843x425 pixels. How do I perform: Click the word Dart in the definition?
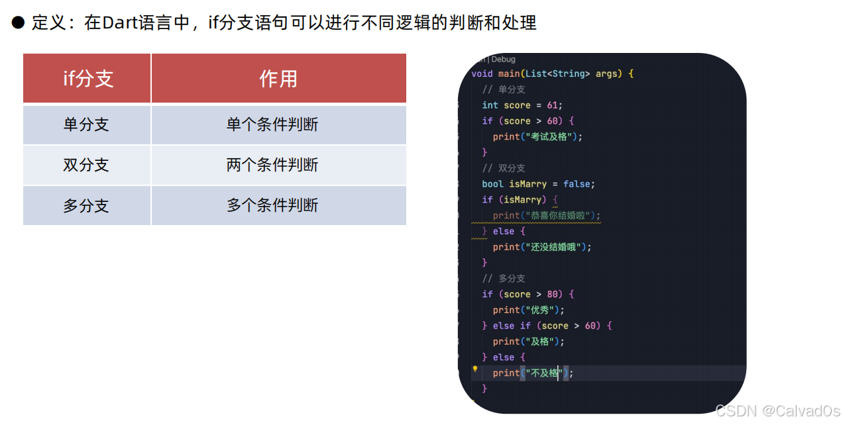(121, 23)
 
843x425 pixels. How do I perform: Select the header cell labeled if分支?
(87, 79)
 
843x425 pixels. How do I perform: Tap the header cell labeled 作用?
(278, 79)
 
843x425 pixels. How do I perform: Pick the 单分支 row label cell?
(87, 124)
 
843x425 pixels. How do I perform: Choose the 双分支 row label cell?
(87, 165)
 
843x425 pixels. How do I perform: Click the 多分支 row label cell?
(87, 205)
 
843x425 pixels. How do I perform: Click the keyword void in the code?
(482, 73)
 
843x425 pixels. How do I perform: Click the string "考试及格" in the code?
(548, 137)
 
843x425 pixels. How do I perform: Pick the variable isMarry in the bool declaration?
(528, 184)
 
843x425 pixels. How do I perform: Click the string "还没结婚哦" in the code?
(553, 247)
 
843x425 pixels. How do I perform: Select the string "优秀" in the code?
(540, 310)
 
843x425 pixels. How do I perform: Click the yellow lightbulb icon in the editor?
(475, 369)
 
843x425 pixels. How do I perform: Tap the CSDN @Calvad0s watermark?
(777, 411)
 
